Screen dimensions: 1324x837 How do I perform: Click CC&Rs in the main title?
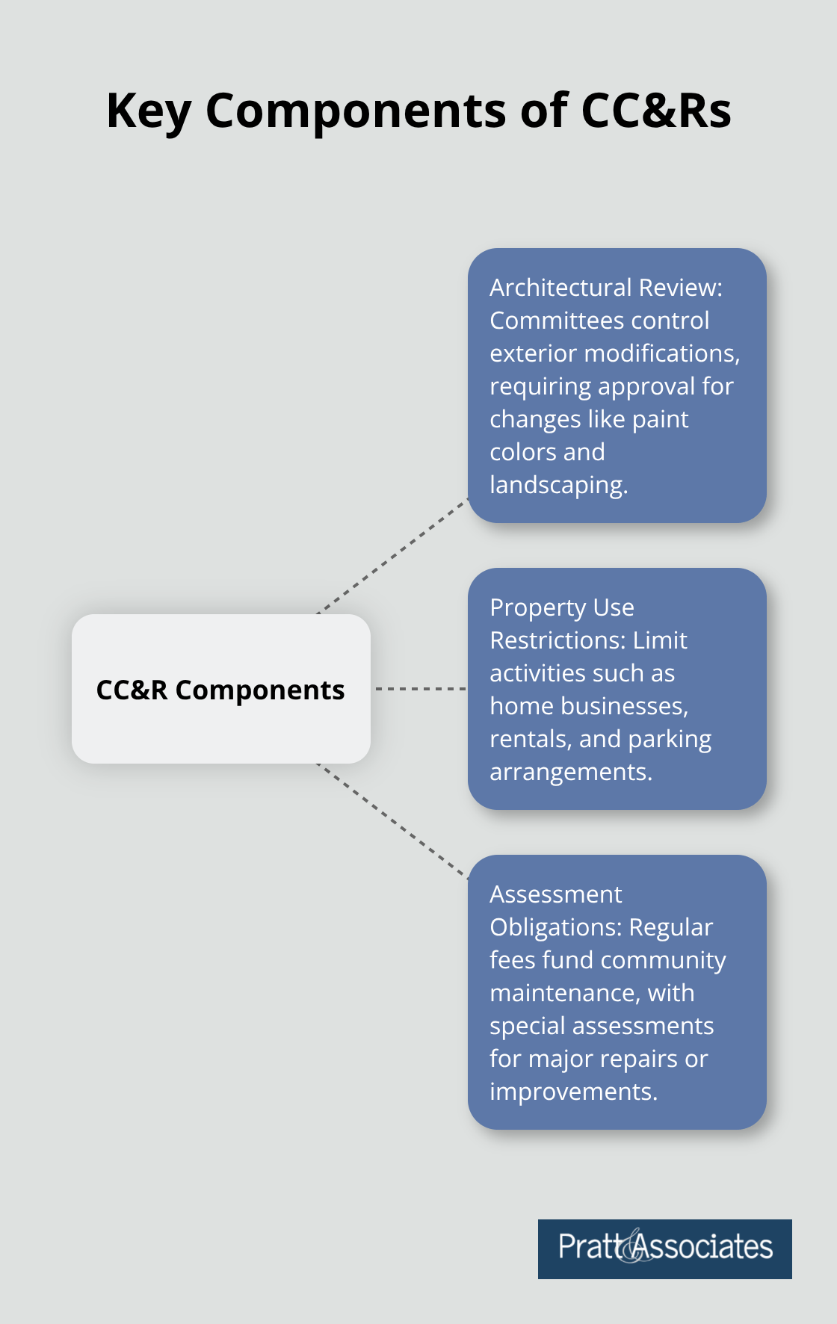coord(655,111)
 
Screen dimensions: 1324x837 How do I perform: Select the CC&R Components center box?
coord(220,689)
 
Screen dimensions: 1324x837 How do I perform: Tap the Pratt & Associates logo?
coord(664,1249)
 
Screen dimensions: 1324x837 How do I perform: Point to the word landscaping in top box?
coord(558,486)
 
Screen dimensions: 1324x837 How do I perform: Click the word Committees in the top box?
coord(557,321)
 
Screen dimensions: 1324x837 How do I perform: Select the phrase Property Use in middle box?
coord(561,607)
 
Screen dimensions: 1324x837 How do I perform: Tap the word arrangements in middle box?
coord(569,772)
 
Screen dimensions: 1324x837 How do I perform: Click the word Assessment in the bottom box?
coord(555,894)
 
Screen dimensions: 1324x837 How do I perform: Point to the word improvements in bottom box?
coord(572,1092)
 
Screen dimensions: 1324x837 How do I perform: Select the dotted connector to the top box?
coord(392,557)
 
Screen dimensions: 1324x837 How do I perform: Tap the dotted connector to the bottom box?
coord(392,820)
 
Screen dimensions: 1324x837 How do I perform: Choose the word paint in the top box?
coord(660,419)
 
